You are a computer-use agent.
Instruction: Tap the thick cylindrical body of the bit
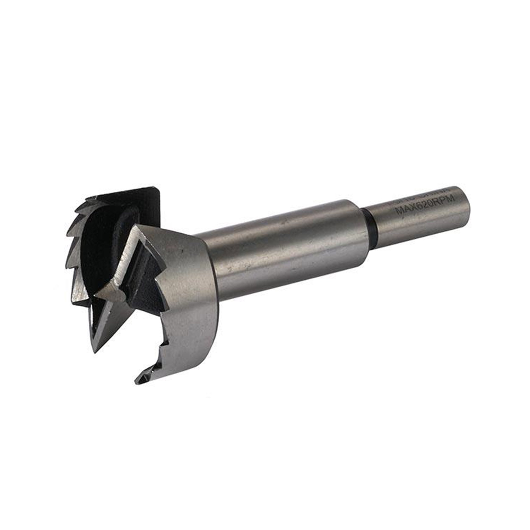point(288,247)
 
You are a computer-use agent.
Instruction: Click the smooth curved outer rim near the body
point(198,302)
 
